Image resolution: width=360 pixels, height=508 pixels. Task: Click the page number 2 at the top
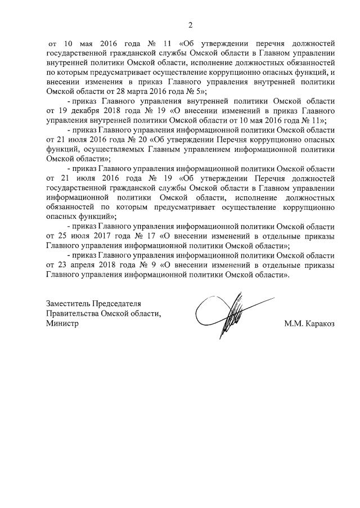click(190, 25)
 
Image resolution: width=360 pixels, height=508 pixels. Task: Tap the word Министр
click(62, 324)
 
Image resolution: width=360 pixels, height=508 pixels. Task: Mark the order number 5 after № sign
click(198, 90)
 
